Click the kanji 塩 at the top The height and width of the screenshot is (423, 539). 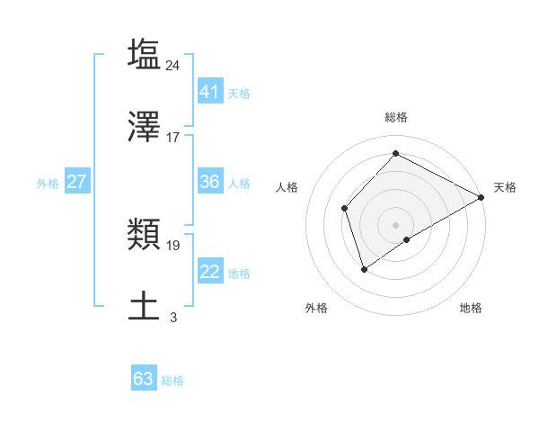click(x=145, y=54)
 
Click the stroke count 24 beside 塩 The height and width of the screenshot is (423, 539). click(x=173, y=65)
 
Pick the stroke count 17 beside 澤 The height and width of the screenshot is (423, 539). click(x=173, y=138)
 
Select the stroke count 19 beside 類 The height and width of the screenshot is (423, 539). click(x=173, y=245)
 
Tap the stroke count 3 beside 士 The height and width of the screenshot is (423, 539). click(x=173, y=318)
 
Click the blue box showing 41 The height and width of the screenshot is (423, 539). click(x=209, y=92)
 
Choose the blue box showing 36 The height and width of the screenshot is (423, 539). click(x=209, y=182)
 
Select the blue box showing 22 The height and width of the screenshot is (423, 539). click(x=209, y=272)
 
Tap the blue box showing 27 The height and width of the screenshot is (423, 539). click(x=76, y=182)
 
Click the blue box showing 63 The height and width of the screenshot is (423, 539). click(x=144, y=379)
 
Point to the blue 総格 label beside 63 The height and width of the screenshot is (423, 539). click(x=172, y=381)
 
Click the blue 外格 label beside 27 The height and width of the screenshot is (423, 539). click(x=48, y=184)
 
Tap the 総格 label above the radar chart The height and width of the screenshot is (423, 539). click(x=395, y=117)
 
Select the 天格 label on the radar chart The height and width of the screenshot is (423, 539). click(x=505, y=187)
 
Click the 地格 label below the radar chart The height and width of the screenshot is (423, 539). click(x=471, y=308)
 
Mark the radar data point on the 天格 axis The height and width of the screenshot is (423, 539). click(x=482, y=197)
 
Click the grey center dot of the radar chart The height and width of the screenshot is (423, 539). click(x=395, y=224)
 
